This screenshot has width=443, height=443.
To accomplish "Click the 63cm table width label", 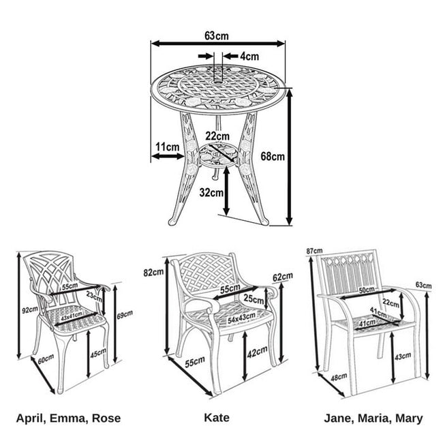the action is [x=217, y=36].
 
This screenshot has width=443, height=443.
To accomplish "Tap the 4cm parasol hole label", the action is [x=249, y=57].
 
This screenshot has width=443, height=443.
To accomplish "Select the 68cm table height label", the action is [x=273, y=156].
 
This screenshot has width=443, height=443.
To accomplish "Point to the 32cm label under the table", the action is [x=211, y=192].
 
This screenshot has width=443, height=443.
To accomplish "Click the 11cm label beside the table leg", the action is [x=168, y=147].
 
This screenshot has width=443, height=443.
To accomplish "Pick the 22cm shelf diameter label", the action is [x=217, y=136].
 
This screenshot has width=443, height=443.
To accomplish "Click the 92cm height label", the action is [x=30, y=310].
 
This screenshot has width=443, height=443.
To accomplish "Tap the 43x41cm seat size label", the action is [x=72, y=316].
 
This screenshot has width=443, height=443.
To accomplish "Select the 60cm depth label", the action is [x=46, y=359].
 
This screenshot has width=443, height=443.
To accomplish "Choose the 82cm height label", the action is [x=153, y=273].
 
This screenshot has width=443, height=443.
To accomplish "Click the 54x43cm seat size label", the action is [x=241, y=318].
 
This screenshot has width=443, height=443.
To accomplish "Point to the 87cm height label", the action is [x=314, y=251].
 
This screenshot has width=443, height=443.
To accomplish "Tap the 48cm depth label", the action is [x=339, y=377].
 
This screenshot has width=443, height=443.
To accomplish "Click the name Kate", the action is [x=217, y=418].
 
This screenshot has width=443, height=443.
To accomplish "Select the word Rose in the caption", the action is [x=106, y=418].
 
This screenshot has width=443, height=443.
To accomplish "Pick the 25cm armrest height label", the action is [x=254, y=299].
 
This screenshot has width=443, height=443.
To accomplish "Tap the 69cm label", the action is [x=125, y=315].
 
